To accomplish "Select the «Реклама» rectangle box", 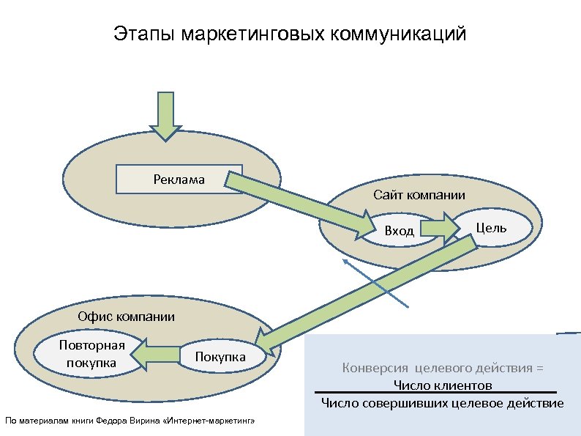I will (180, 179).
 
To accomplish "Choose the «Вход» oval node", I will (400, 231).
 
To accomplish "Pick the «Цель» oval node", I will (491, 227).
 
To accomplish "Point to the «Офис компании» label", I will (127, 317).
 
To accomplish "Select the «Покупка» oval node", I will (220, 356).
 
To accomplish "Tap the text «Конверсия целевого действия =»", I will (443, 368).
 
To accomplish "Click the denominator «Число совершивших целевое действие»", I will (443, 402).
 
